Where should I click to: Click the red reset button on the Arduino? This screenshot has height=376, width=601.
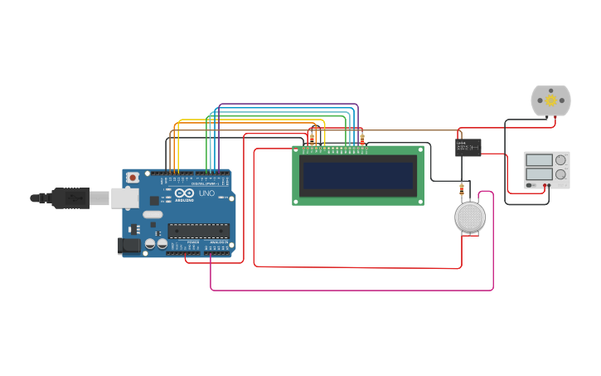[133, 178]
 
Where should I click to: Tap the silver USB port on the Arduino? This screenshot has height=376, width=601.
[124, 198]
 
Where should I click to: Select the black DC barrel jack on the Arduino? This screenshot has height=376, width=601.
[128, 245]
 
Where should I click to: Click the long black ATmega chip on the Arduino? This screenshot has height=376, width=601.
[198, 231]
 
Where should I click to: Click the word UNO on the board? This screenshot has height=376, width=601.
[206, 193]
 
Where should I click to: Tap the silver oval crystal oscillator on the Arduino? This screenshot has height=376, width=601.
[153, 214]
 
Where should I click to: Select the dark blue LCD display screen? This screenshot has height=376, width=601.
[358, 175]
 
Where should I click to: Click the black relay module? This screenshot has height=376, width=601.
[468, 147]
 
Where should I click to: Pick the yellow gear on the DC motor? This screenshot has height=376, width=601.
[551, 100]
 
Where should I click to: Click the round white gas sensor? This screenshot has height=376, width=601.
[470, 217]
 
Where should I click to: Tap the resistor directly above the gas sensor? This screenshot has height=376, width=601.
[462, 190]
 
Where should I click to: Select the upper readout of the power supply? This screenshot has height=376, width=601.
[539, 159]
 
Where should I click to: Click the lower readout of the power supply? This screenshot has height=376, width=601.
[539, 174]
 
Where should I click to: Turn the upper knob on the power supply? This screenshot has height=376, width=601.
[561, 159]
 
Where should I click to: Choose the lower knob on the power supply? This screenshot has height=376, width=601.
[561, 174]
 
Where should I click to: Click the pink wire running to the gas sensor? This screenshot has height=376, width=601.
[348, 291]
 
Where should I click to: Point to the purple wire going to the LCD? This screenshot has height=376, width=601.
[290, 105]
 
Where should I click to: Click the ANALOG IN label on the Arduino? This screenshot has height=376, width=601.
[217, 242]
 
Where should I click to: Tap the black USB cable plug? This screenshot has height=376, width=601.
[70, 198]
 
